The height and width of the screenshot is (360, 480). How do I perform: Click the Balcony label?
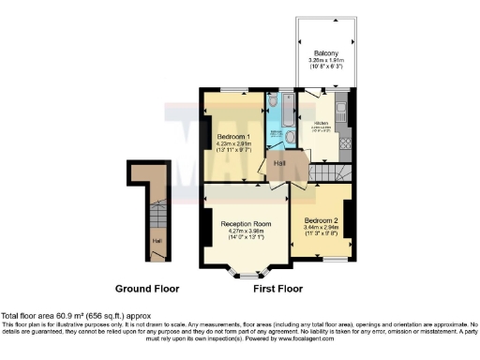(x=326, y=53)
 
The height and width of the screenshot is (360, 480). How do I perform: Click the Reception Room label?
(x=246, y=224)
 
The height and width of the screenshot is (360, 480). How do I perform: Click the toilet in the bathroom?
(x=271, y=100)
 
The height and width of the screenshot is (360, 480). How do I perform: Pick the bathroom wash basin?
(x=273, y=136)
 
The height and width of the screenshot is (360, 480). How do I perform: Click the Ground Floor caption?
(x=146, y=289)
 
